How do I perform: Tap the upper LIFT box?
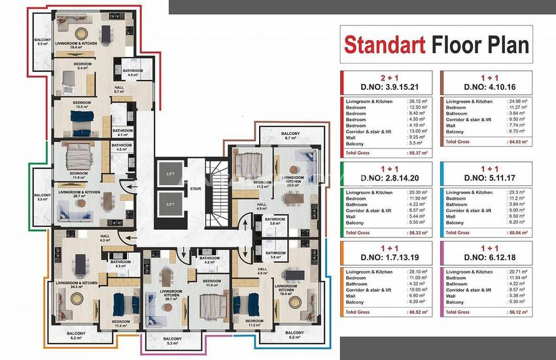(170, 173)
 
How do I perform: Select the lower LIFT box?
(170, 204)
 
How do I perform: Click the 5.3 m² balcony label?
(172, 341)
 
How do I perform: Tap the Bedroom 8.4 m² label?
(81, 65)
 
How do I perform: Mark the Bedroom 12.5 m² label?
(81, 105)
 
